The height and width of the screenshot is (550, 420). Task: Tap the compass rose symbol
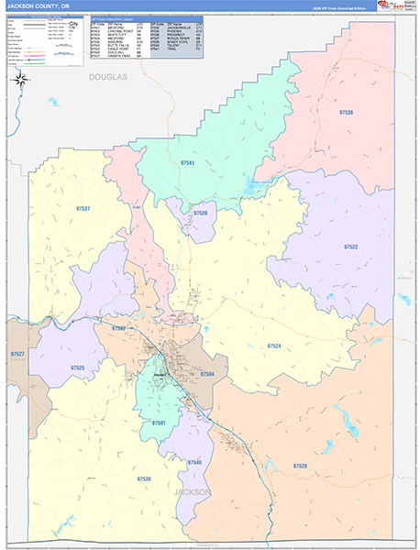tap(19, 80)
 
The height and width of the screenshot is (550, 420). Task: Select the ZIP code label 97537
tap(83, 209)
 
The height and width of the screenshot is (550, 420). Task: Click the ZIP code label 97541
tap(188, 162)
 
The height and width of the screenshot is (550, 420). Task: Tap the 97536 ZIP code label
tap(346, 112)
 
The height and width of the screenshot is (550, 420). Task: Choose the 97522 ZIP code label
tap(351, 247)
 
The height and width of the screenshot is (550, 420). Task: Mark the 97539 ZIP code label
tap(200, 213)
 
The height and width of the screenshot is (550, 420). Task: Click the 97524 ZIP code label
tap(273, 346)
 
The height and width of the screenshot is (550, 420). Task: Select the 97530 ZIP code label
tap(144, 478)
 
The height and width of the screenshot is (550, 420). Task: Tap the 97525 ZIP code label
tap(77, 368)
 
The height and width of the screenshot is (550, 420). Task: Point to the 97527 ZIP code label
tap(17, 353)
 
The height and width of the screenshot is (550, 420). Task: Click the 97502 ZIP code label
tap(118, 327)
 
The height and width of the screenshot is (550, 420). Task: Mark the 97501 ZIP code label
tap(159, 423)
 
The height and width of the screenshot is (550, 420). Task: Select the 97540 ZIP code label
tap(194, 462)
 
